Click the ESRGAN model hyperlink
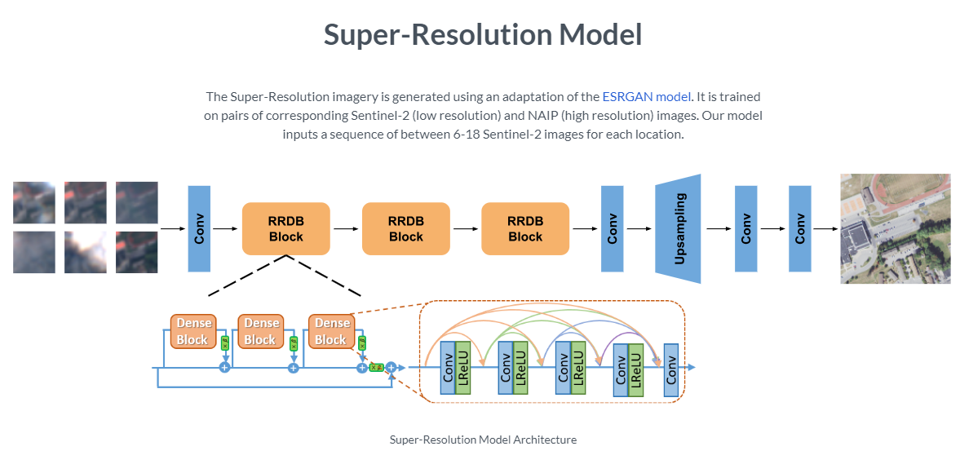[x=646, y=97]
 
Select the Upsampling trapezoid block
[x=678, y=228]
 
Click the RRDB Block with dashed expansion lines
[x=285, y=228]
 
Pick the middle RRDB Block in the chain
[x=405, y=228]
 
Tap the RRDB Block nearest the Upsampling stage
[x=525, y=228]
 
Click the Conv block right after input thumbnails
[x=199, y=228]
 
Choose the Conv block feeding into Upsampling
[x=612, y=228]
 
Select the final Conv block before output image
[x=799, y=228]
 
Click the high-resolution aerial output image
[x=895, y=228]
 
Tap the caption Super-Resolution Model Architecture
[x=483, y=440]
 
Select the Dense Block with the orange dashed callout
[x=331, y=331]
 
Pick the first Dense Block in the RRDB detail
[x=193, y=331]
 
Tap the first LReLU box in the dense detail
[x=463, y=369]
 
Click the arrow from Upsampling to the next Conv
[x=719, y=228]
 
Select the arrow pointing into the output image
[x=825, y=228]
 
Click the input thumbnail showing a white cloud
[x=86, y=252]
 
